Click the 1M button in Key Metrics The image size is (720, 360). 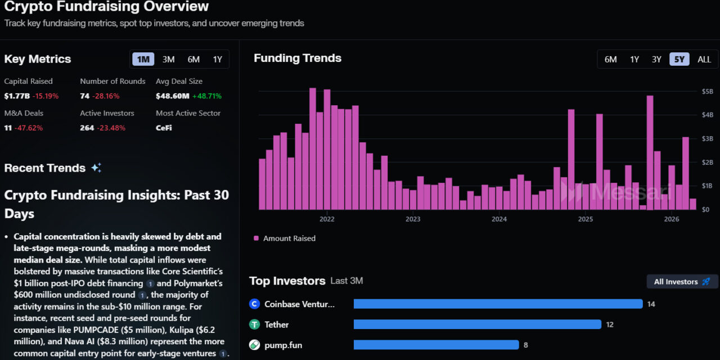pyautogui.click(x=143, y=59)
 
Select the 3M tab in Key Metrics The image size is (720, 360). pyautogui.click(x=168, y=59)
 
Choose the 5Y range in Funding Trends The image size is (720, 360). pyautogui.click(x=679, y=59)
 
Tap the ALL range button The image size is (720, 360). pyautogui.click(x=704, y=59)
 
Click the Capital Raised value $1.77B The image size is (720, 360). pyautogui.click(x=16, y=96)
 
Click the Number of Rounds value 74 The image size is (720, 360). pyautogui.click(x=85, y=96)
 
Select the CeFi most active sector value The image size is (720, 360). pyautogui.click(x=164, y=128)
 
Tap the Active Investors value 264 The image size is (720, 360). pyautogui.click(x=87, y=128)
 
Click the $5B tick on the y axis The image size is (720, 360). pyautogui.click(x=692, y=91)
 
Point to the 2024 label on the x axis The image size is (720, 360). pyautogui.click(x=499, y=219)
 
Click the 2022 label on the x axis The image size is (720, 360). pyautogui.click(x=327, y=219)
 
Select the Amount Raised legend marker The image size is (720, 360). pyautogui.click(x=256, y=238)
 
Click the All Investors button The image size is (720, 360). pyautogui.click(x=682, y=281)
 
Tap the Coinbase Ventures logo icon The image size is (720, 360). pyautogui.click(x=254, y=304)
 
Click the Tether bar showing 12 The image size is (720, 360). pyautogui.click(x=477, y=325)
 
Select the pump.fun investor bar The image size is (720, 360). pyautogui.click(x=436, y=345)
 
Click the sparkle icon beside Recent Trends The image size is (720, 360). pyautogui.click(x=96, y=168)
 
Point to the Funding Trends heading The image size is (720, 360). pyautogui.click(x=297, y=58)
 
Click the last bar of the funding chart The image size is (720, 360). pyautogui.click(x=692, y=204)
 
